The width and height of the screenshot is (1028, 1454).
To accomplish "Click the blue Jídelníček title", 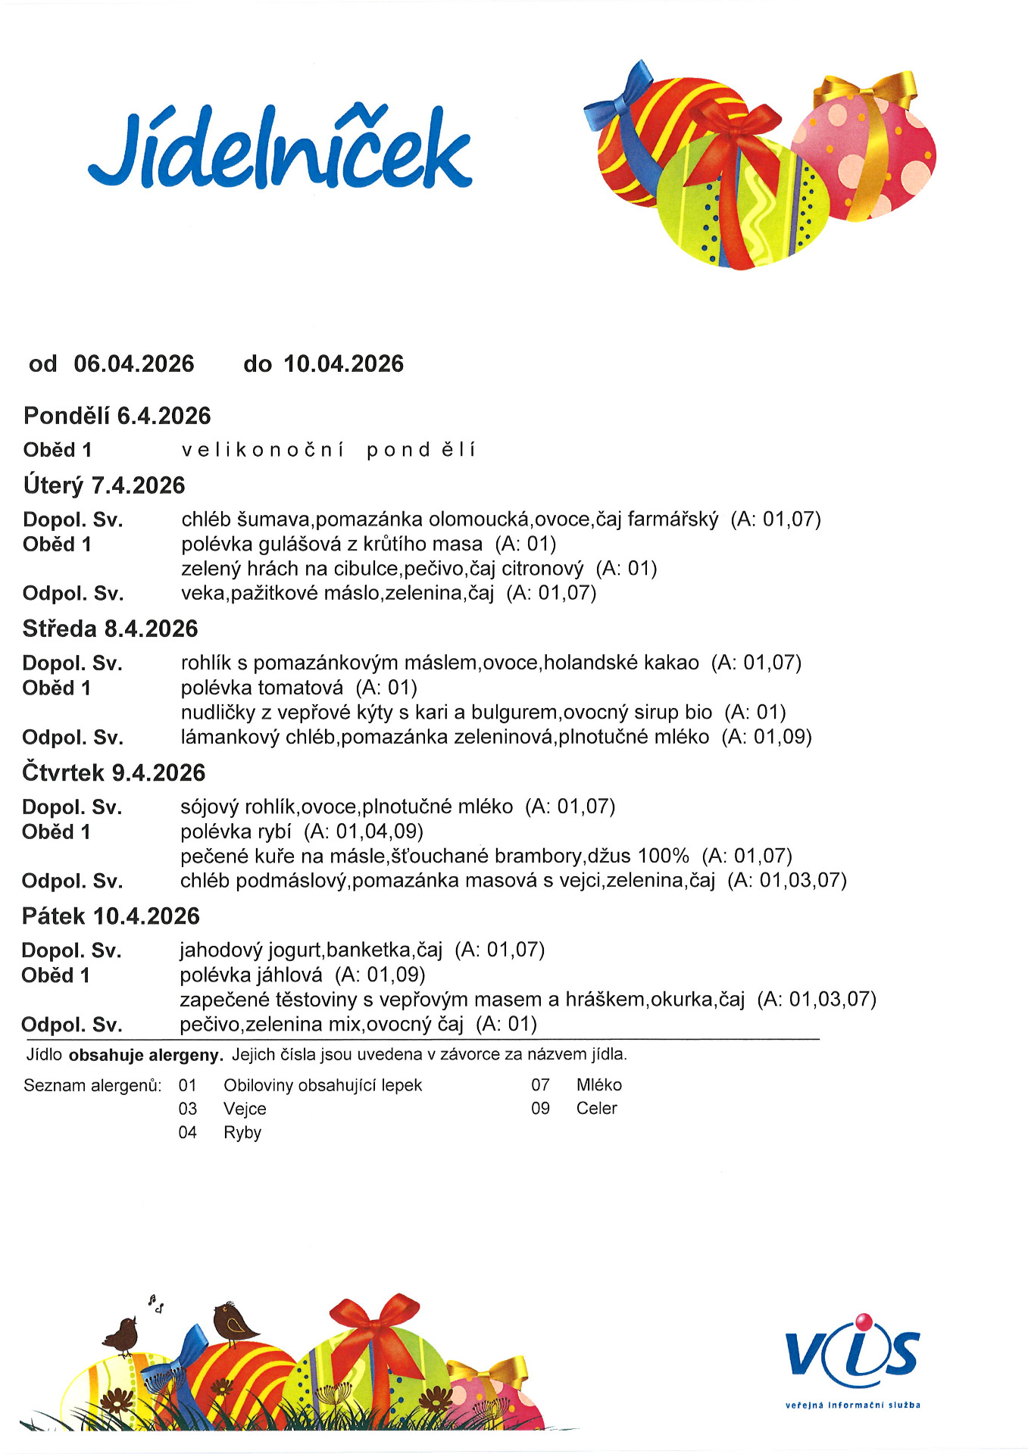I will point(280,150).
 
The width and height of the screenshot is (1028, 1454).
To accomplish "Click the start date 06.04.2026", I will point(134,364).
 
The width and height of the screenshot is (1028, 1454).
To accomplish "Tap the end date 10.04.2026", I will point(343,364).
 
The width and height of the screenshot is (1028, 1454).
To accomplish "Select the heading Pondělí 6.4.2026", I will point(117,416).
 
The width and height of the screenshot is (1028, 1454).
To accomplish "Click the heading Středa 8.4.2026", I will point(110,629).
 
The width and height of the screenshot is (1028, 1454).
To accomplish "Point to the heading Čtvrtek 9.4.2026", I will point(114,772).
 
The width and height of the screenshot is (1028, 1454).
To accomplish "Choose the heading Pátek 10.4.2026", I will point(111,916).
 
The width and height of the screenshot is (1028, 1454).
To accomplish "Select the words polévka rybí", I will point(236,832).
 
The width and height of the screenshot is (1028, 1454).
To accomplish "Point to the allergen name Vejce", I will point(245,1109).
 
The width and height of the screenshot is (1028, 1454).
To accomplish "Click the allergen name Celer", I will point(596,1108).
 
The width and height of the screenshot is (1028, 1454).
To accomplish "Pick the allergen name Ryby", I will point(242,1132).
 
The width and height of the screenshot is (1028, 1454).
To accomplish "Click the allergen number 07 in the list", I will point(540,1084).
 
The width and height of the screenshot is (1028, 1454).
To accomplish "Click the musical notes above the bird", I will point(156,1303).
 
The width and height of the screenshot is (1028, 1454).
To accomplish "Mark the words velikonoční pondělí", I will point(329,450).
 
